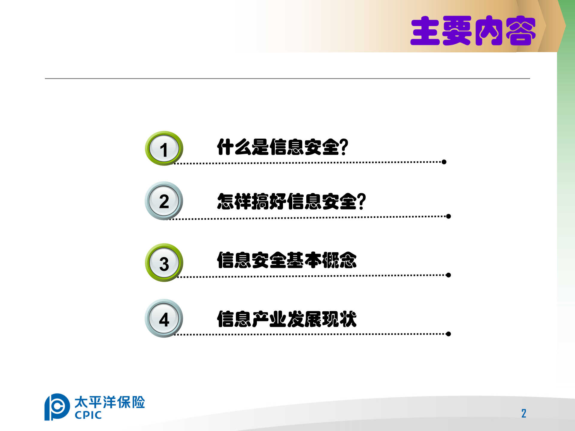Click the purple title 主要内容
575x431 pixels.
pyautogui.click(x=473, y=31)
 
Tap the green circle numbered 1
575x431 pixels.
pyautogui.click(x=164, y=148)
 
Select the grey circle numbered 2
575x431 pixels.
pyautogui.click(x=164, y=201)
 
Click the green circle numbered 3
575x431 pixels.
pyautogui.click(x=164, y=263)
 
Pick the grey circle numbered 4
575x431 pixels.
pyautogui.click(x=164, y=318)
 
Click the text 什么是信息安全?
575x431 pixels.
pyautogui.click(x=282, y=147)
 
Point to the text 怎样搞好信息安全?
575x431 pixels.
pyautogui.click(x=291, y=201)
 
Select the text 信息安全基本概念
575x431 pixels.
pyautogui.click(x=287, y=260)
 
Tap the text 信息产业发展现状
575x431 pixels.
pyautogui.click(x=287, y=319)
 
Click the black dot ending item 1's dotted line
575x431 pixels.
pyautogui.click(x=444, y=162)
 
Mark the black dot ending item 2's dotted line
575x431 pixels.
pyautogui.click(x=448, y=216)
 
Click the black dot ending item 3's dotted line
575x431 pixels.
pyautogui.click(x=448, y=275)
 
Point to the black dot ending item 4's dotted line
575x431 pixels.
pyautogui.click(x=448, y=334)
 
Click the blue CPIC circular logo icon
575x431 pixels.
pyautogui.click(x=57, y=407)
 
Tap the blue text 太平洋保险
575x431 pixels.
pyautogui.click(x=110, y=402)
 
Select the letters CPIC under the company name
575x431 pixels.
pyautogui.click(x=88, y=415)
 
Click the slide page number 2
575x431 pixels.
pyautogui.click(x=524, y=414)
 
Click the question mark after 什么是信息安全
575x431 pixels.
pyautogui.click(x=344, y=147)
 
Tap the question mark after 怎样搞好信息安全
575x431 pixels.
pyautogui.click(x=362, y=201)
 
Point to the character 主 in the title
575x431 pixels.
pyautogui.click(x=425, y=31)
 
